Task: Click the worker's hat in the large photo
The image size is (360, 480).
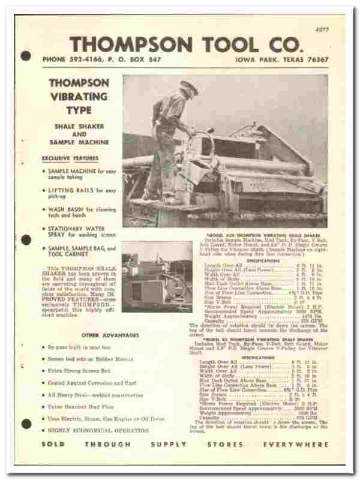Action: click(188, 86)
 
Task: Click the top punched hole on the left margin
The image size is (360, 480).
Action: click(25, 57)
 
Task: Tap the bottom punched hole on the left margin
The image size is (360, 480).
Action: click(25, 424)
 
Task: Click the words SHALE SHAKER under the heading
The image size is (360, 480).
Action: click(79, 127)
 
